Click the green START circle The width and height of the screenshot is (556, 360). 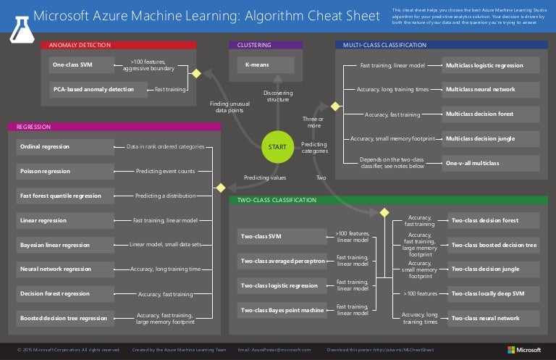pos(277,147)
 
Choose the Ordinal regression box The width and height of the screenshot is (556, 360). pos(64,146)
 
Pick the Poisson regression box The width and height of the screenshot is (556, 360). pos(64,171)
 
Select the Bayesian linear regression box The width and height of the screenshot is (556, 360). pos(64,245)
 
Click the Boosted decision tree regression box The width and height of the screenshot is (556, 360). pos(64,318)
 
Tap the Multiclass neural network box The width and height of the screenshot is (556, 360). pos(492,89)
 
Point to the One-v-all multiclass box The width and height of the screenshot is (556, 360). pos(492,163)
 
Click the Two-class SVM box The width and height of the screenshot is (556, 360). pos(282,236)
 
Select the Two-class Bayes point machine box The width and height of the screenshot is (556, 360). pos(282,310)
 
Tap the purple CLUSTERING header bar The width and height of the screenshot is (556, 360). pos(265,45)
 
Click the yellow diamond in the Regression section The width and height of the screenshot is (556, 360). pos(222,188)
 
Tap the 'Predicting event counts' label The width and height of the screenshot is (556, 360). pos(165,172)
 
